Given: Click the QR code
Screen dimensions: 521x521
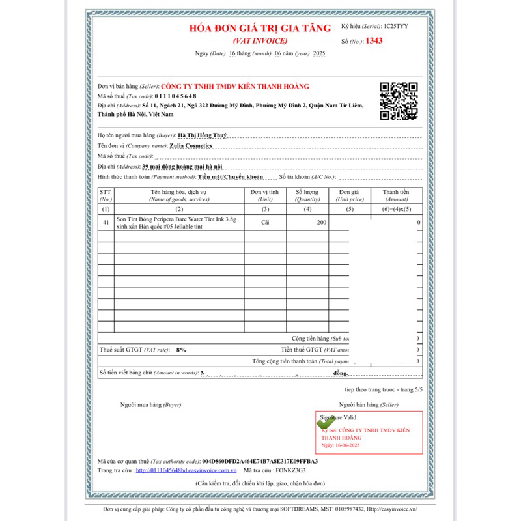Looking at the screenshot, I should (x=399, y=101).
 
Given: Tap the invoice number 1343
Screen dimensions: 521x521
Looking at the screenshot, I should (x=374, y=41).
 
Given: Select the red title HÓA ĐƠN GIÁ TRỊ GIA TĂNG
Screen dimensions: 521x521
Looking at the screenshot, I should (x=260, y=28).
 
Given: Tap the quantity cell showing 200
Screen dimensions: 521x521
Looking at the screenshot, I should (x=322, y=222).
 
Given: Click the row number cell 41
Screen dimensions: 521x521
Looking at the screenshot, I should (x=106, y=222).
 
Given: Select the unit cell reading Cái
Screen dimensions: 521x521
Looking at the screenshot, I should (x=265, y=222).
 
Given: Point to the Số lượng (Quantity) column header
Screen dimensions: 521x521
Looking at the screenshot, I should (x=307, y=195).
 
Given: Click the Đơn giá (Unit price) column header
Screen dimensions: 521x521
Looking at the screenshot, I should (x=350, y=195).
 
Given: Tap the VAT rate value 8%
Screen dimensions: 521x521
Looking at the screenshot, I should (x=181, y=350).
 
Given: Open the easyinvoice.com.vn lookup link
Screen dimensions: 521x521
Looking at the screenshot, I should (x=186, y=470).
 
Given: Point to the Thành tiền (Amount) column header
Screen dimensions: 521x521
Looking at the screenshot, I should (x=397, y=195).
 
